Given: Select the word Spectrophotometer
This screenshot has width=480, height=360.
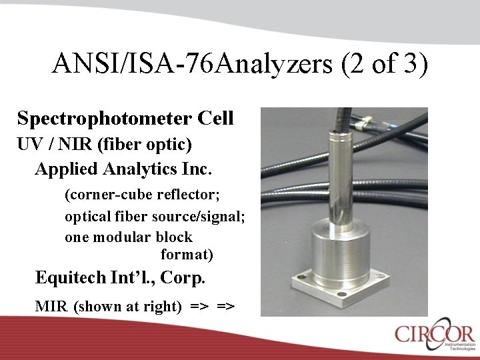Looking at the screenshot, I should pos(105,119).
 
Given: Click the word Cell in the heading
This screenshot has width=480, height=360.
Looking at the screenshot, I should pos(215,119).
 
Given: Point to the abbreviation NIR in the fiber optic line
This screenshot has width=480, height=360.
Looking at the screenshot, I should pos(81,143).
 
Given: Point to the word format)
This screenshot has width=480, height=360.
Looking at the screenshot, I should pos(187,254).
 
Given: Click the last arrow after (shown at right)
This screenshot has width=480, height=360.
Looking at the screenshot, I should pos(225,307).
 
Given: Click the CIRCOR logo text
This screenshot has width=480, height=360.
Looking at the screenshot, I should pos(434,333).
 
